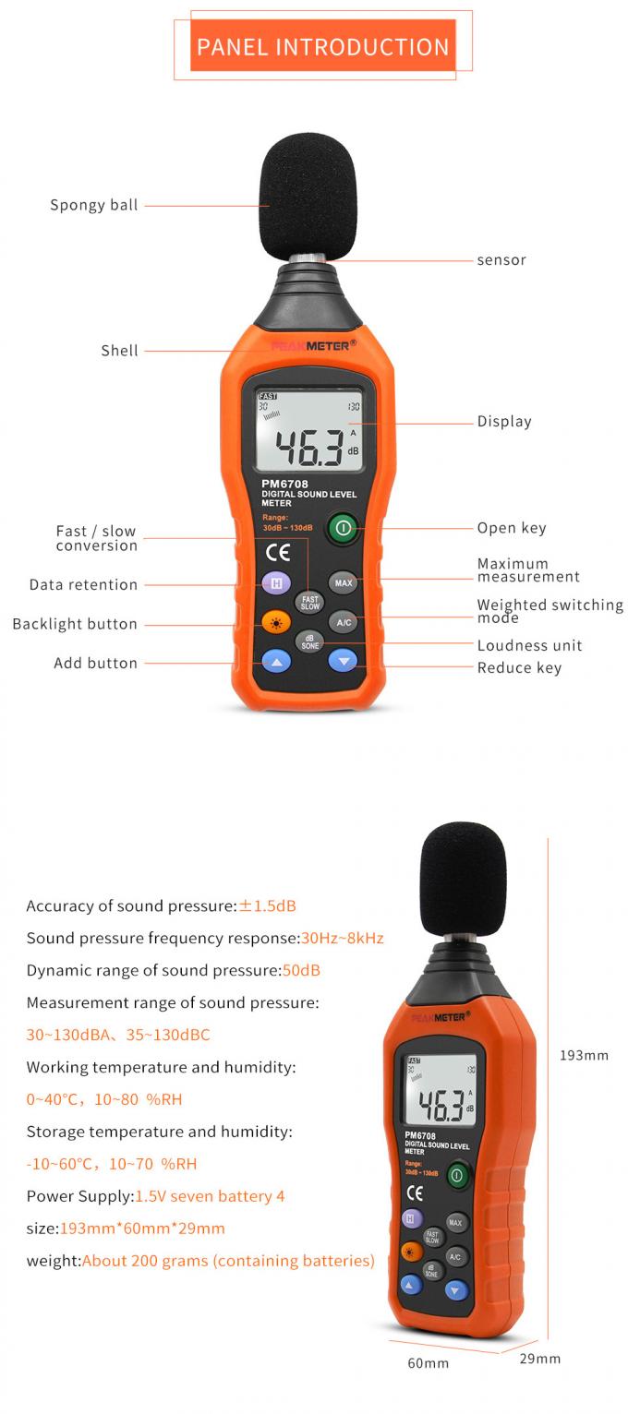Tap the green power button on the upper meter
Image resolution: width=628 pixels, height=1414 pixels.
(x=343, y=527)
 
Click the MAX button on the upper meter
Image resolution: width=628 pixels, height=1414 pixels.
(x=343, y=582)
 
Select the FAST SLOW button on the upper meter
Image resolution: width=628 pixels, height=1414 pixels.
(x=309, y=603)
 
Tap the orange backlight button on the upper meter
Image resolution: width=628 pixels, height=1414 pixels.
(x=276, y=623)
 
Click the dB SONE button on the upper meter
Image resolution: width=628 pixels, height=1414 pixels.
(x=309, y=642)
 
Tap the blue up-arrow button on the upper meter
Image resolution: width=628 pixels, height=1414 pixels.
(x=276, y=662)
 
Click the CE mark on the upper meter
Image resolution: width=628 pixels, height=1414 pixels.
(x=278, y=553)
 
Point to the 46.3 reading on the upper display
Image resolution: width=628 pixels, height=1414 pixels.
(x=309, y=448)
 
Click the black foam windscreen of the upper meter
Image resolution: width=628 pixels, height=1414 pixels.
(x=308, y=196)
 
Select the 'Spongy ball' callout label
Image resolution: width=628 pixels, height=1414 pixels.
(x=93, y=205)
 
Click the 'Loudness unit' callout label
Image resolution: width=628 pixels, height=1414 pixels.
(x=529, y=645)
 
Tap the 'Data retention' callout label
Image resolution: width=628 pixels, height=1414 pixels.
(x=83, y=584)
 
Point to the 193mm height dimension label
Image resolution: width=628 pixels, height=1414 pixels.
(x=584, y=1055)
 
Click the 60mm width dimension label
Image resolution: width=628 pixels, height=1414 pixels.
(x=428, y=1363)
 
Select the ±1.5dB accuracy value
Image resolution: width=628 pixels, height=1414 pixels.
(x=267, y=905)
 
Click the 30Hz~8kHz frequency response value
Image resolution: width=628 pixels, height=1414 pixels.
(x=343, y=938)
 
